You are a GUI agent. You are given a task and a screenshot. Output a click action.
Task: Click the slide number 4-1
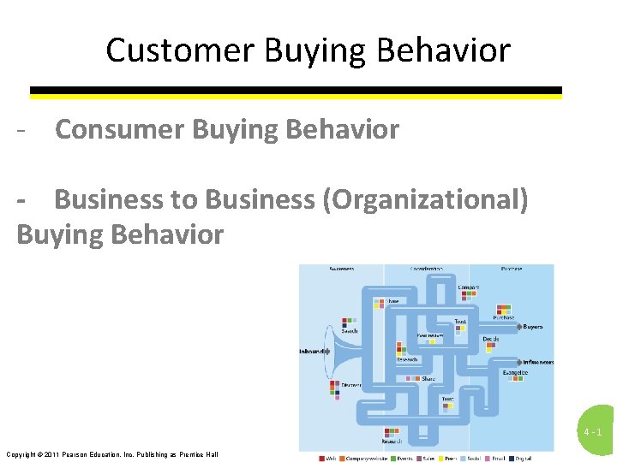click(x=593, y=433)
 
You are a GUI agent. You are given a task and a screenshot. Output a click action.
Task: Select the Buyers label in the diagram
click(x=533, y=327)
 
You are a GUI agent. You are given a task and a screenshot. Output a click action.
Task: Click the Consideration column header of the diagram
click(x=425, y=269)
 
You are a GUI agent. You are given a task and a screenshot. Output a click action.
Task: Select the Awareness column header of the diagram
click(x=339, y=269)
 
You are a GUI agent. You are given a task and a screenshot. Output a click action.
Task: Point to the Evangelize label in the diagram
click(x=514, y=373)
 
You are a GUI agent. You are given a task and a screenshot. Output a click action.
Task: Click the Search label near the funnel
click(x=350, y=331)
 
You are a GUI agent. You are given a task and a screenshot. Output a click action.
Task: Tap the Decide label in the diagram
click(x=490, y=340)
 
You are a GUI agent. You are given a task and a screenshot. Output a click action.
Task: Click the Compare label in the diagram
click(x=468, y=287)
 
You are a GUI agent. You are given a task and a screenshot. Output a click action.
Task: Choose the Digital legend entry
click(x=523, y=458)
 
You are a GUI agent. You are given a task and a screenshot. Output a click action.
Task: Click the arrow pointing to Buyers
click(x=517, y=327)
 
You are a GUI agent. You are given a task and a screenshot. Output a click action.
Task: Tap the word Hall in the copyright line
click(x=211, y=454)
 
